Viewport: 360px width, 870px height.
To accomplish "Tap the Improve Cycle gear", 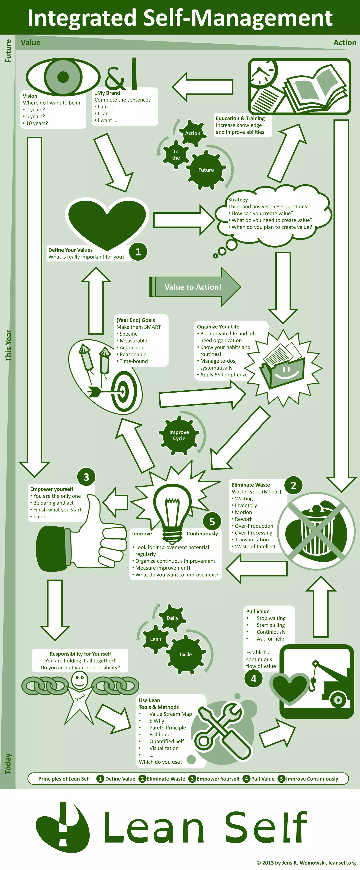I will (x=179, y=435).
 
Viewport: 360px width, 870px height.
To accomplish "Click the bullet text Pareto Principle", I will (x=168, y=727).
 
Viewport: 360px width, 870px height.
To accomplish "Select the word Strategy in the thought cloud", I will (x=238, y=200).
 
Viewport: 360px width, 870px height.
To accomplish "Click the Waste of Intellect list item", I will (x=255, y=546).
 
